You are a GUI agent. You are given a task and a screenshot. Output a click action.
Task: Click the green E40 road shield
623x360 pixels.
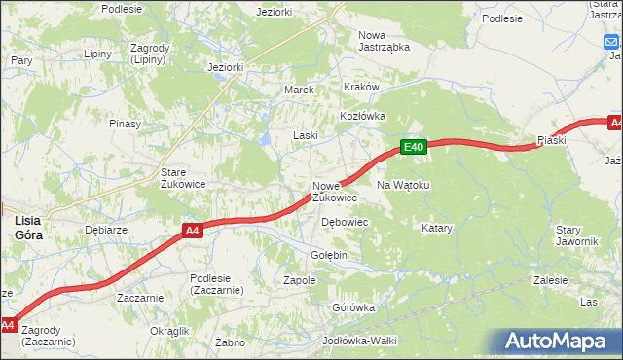click(414, 147)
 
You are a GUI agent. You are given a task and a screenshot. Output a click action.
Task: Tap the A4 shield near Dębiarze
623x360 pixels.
click(193, 231)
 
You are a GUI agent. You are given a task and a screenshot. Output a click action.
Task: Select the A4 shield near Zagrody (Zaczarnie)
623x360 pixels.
click(8, 324)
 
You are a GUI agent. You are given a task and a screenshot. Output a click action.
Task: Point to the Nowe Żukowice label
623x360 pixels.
click(335, 192)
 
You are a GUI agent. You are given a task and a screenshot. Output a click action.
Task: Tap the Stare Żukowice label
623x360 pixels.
click(180, 179)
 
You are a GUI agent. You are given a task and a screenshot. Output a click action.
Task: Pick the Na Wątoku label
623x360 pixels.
click(402, 185)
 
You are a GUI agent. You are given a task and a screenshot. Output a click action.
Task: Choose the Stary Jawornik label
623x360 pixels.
click(575, 235)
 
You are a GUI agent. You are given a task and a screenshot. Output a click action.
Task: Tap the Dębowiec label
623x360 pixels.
click(344, 222)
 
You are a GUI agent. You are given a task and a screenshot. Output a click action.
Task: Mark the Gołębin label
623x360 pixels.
click(329, 255)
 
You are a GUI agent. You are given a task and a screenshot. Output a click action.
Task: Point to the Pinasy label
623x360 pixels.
click(126, 124)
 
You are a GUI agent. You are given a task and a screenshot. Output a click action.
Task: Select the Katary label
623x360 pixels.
click(437, 228)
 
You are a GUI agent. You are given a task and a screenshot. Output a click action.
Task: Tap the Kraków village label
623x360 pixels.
click(360, 87)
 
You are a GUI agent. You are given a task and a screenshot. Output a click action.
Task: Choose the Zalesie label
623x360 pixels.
click(551, 280)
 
